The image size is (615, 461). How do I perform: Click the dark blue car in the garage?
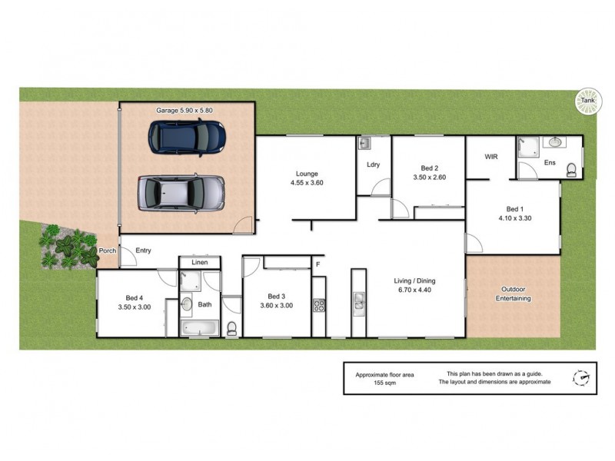(187, 137)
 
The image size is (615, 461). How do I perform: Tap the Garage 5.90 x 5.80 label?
(184, 111)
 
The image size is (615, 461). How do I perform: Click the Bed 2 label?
(430, 168)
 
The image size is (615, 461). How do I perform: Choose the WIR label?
(492, 157)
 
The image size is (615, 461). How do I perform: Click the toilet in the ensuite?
(571, 169)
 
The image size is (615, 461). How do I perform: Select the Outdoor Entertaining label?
(514, 294)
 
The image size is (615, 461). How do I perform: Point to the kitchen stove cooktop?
(319, 305)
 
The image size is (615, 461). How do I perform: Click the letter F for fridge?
(317, 265)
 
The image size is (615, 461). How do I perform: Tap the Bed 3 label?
(277, 297)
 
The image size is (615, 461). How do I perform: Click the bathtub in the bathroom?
(199, 329)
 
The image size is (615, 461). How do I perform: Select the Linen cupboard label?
(199, 263)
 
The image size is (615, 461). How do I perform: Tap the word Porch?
(107, 250)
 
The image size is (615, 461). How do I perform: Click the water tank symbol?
(587, 101)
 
